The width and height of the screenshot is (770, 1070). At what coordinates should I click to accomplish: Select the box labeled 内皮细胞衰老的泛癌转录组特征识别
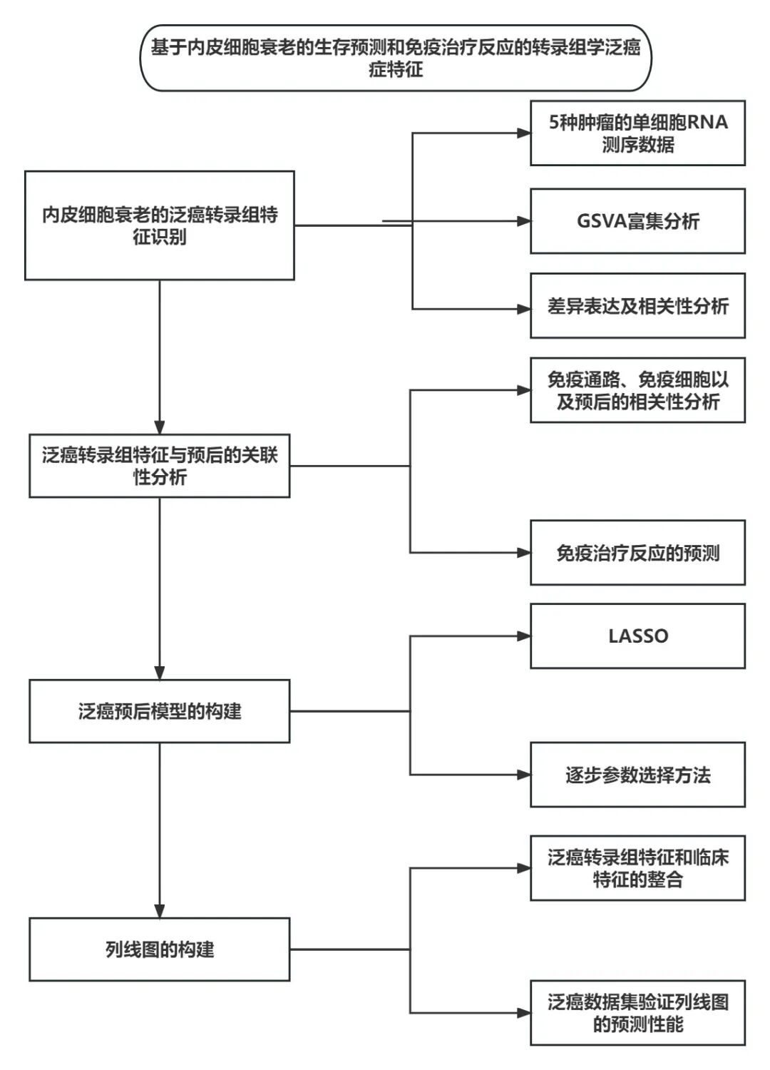coord(160,225)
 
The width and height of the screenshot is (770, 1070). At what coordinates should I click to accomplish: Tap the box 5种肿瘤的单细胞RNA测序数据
coord(637,133)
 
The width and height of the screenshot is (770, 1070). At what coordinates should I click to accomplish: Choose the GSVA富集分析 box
coord(637,221)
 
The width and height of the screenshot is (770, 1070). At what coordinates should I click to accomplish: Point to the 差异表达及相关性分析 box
coord(637,306)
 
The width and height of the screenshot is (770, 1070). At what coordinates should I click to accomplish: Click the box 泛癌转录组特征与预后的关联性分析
coord(160,466)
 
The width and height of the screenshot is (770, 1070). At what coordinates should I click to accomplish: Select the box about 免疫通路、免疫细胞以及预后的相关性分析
coord(637,390)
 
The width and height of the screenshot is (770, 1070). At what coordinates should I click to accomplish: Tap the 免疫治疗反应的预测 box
coord(637,553)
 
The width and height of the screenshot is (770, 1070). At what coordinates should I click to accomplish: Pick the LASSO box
coord(637,636)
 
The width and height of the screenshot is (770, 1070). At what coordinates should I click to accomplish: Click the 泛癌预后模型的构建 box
coord(160,711)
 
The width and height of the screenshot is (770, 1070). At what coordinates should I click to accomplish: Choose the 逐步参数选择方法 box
coord(637,775)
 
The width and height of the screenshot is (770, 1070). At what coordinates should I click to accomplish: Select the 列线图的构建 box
coord(160,949)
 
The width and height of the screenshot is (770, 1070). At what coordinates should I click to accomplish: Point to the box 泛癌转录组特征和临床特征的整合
coord(637,868)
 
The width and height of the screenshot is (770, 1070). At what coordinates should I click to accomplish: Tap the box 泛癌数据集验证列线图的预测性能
coord(637,1013)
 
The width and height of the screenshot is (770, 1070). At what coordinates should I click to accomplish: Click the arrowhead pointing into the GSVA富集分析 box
coord(524,221)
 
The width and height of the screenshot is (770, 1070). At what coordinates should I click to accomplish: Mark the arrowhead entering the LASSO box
coord(524,636)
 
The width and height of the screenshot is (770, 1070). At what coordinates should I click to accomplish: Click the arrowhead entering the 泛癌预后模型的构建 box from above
coord(160,673)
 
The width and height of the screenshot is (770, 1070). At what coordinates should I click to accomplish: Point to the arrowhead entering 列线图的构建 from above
coord(160,911)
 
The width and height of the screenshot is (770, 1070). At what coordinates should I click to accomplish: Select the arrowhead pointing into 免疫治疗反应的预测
coord(524,553)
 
